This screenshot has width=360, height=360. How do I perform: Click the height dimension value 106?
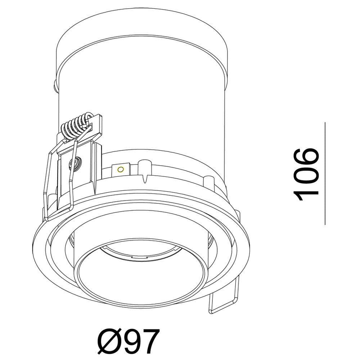pyautogui.click(x=306, y=175)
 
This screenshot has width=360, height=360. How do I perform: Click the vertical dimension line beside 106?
pyautogui.click(x=325, y=174)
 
